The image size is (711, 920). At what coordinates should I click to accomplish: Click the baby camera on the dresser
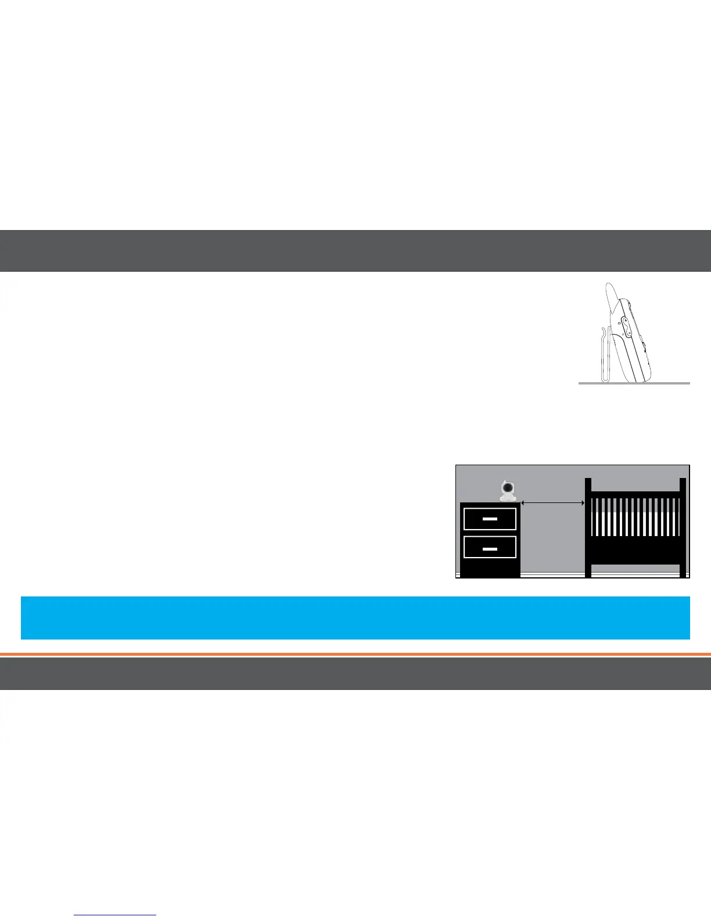[x=508, y=491]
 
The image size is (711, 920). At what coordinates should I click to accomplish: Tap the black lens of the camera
[x=508, y=487]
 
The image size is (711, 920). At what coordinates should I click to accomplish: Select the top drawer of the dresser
[x=490, y=519]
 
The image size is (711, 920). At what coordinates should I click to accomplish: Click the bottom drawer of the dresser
[x=490, y=547]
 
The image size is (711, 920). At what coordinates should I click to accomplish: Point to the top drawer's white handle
[x=490, y=519]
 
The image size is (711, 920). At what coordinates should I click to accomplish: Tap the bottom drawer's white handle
[x=490, y=547]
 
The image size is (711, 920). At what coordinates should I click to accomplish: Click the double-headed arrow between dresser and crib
[x=552, y=503]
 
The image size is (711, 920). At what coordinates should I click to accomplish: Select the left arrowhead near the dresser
[x=523, y=503]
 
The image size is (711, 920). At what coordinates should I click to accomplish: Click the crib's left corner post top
[x=588, y=481]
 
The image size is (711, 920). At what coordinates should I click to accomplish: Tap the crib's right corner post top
[x=683, y=481]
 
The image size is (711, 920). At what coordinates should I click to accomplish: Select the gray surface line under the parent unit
[x=634, y=383]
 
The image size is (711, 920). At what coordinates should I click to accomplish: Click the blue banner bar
[x=355, y=617]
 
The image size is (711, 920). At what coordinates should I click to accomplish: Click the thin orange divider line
[x=355, y=655]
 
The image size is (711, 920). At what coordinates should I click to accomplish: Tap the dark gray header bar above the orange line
[x=355, y=251]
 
